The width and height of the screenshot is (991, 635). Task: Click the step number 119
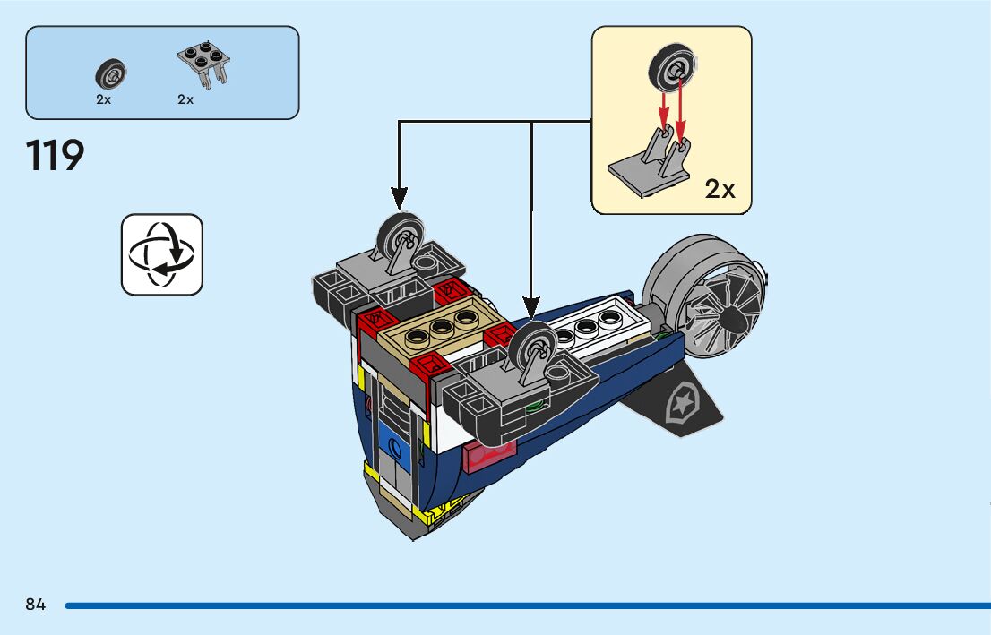point(55,156)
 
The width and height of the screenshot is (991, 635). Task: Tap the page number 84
point(36,605)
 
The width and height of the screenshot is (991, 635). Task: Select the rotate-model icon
point(162,254)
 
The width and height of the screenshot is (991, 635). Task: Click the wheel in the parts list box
point(110,74)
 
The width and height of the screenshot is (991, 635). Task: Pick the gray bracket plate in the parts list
point(203,64)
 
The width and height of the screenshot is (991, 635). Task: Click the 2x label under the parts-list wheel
point(104,99)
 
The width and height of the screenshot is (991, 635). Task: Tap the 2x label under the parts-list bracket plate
point(185,99)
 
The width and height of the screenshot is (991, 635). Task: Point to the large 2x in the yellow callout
point(720,189)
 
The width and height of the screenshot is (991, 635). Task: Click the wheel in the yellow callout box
point(671,68)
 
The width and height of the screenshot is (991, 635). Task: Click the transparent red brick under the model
point(489,456)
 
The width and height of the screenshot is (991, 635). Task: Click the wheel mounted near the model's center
point(533,347)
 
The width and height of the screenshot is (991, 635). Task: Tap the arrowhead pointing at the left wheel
point(399,198)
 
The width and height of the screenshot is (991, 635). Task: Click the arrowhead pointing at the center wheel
point(531,308)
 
